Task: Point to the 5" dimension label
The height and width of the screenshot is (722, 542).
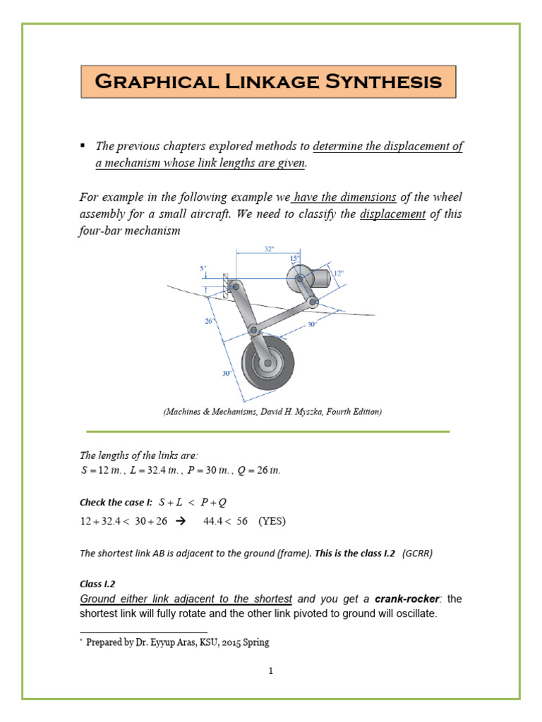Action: [204, 268]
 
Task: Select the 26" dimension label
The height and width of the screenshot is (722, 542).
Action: [210, 321]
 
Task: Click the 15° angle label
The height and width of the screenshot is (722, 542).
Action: [294, 259]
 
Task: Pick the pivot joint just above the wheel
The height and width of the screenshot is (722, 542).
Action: [252, 329]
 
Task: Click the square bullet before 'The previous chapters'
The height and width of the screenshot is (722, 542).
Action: [83, 145]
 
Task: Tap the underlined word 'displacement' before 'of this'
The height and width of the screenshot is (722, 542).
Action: [392, 214]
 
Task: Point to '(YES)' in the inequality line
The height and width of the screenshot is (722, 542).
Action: [272, 522]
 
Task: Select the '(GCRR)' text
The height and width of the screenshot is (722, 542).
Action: [417, 553]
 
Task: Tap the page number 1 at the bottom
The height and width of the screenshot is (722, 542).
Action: [270, 671]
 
